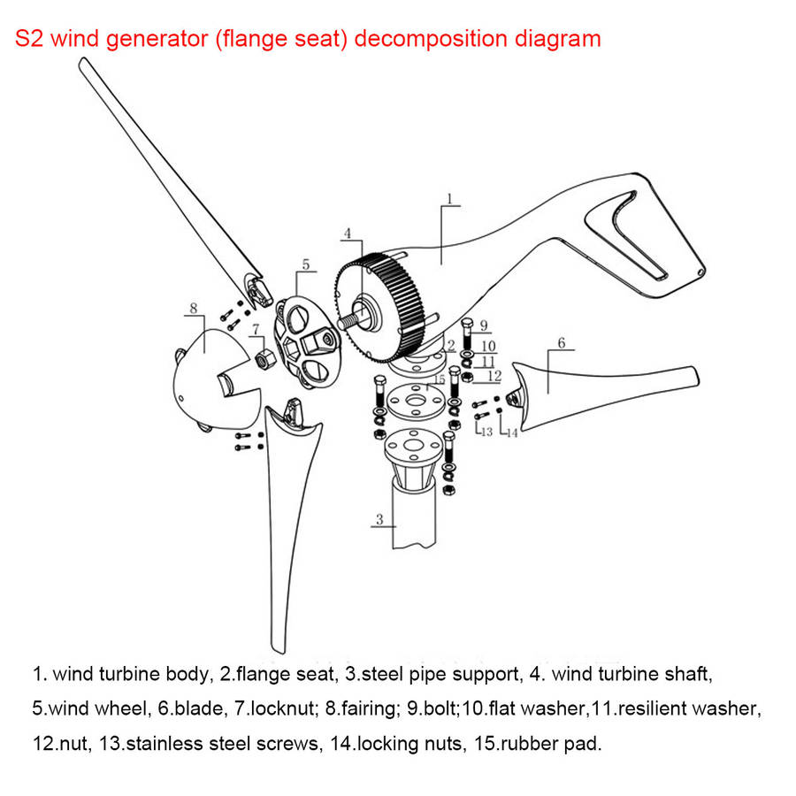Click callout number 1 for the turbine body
pos(449,198)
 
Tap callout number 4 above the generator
pos(348,233)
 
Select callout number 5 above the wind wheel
pos(306,264)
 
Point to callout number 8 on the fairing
pos(194,308)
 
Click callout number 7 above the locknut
pos(256,329)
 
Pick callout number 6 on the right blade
pos(562,342)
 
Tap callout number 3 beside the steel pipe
pos(379,519)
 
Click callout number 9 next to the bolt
pos(484,325)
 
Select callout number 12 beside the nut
pos(494,376)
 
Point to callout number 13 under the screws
pos(486,432)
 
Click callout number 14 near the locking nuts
pos(512,433)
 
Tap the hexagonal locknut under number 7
pos(264,359)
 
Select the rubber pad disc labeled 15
pos(416,401)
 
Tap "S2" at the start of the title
pos(29,39)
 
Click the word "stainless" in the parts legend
pos(165,744)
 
